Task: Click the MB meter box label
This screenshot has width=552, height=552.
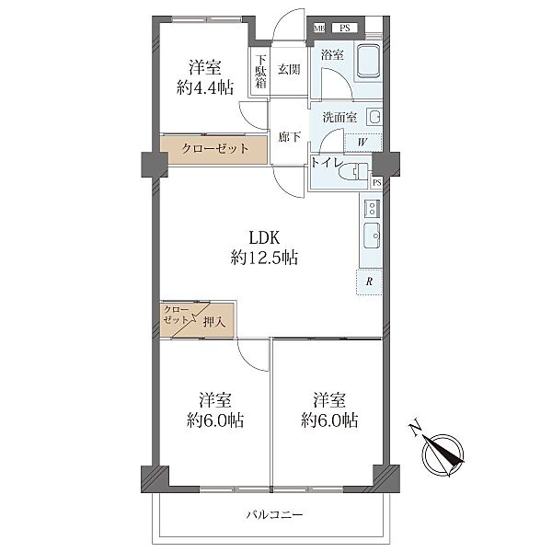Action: [319, 29]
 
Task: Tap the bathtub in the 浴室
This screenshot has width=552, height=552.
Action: [369, 61]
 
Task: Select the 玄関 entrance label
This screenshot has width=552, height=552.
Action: [289, 69]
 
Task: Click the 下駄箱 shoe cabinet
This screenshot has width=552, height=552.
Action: [259, 72]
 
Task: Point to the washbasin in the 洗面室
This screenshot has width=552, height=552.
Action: [374, 117]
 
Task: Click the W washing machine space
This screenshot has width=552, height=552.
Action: [363, 143]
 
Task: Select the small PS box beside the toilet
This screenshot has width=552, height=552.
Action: [377, 183]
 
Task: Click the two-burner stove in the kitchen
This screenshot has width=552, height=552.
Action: [372, 208]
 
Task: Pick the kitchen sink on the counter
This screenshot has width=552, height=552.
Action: [372, 236]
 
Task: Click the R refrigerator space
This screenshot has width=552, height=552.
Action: [369, 282]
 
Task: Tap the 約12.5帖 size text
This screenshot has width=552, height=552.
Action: [264, 258]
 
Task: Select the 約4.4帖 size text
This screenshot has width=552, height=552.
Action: [205, 87]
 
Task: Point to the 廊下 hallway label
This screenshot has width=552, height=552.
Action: [290, 136]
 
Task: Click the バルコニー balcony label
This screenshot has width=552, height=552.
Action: [274, 515]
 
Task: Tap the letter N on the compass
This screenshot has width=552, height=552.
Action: [416, 428]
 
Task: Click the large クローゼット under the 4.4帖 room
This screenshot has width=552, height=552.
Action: [213, 150]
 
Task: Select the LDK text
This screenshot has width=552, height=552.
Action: [264, 238]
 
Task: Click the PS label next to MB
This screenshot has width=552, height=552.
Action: [345, 29]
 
